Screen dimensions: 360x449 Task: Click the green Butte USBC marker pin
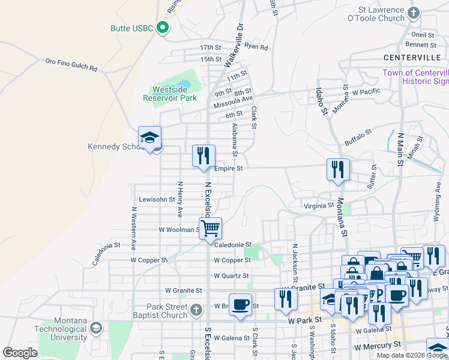(x=161, y=28)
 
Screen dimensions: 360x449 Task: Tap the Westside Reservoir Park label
(x=174, y=94)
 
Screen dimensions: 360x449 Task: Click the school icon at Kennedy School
(x=149, y=139)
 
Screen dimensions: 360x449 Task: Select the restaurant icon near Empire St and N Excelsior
(x=203, y=156)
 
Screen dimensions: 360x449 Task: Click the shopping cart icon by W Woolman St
(x=210, y=228)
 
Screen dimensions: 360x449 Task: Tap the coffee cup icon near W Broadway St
(x=240, y=304)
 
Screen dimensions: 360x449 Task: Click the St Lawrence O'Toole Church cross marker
(x=413, y=13)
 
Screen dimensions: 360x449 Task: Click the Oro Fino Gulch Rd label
(x=71, y=64)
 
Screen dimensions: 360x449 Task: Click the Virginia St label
(x=318, y=205)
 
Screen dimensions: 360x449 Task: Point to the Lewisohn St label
(x=156, y=199)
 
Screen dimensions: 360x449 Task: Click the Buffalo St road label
(x=359, y=139)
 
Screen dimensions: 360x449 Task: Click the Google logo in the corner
(x=20, y=352)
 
